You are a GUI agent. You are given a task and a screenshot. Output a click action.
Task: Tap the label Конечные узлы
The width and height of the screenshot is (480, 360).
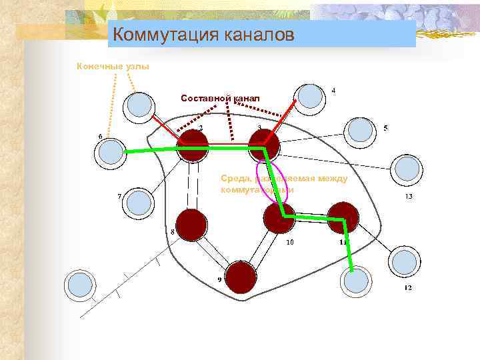click(113, 66)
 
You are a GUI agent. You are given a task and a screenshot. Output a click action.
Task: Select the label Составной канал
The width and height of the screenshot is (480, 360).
click(220, 98)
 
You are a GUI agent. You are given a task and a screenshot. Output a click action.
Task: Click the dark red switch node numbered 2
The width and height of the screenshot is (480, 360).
click(193, 145)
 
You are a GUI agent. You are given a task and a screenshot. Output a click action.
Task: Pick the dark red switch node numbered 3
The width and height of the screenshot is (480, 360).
click(263, 144)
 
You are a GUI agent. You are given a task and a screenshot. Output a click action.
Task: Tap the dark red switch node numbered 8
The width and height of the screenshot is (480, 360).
click(191, 224)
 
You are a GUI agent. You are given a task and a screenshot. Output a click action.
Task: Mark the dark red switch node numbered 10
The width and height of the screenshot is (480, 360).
click(279, 217)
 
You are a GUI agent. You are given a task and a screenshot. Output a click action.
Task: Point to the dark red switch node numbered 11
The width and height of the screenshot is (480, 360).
click(343, 217)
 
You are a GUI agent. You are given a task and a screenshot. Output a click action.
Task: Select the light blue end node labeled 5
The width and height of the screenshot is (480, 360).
click(360, 129)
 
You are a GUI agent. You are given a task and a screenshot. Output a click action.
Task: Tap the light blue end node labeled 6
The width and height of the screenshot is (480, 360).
click(108, 152)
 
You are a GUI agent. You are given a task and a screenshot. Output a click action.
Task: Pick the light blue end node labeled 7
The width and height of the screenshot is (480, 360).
click(139, 202)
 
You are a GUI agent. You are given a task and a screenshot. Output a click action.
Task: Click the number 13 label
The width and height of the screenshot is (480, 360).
click(409, 197)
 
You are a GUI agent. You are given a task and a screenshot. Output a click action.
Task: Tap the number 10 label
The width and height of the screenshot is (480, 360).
click(289, 243)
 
